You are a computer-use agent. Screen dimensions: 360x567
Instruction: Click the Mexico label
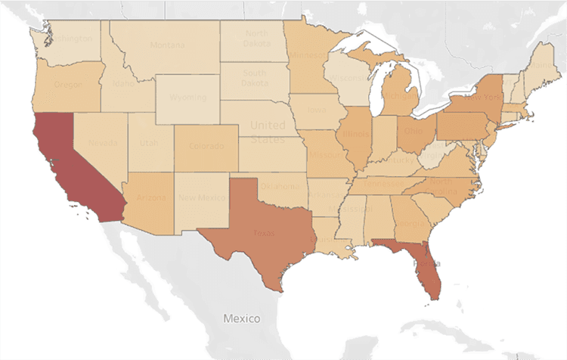(242, 318)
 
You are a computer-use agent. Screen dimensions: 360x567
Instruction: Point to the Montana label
(166, 45)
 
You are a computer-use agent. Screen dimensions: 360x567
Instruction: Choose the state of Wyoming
(187, 98)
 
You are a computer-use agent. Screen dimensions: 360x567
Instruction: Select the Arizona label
(152, 198)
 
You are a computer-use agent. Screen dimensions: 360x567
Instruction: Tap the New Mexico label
(202, 198)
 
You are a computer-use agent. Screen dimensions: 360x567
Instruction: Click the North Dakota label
(256, 39)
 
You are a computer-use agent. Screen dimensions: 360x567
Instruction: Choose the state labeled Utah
(147, 143)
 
